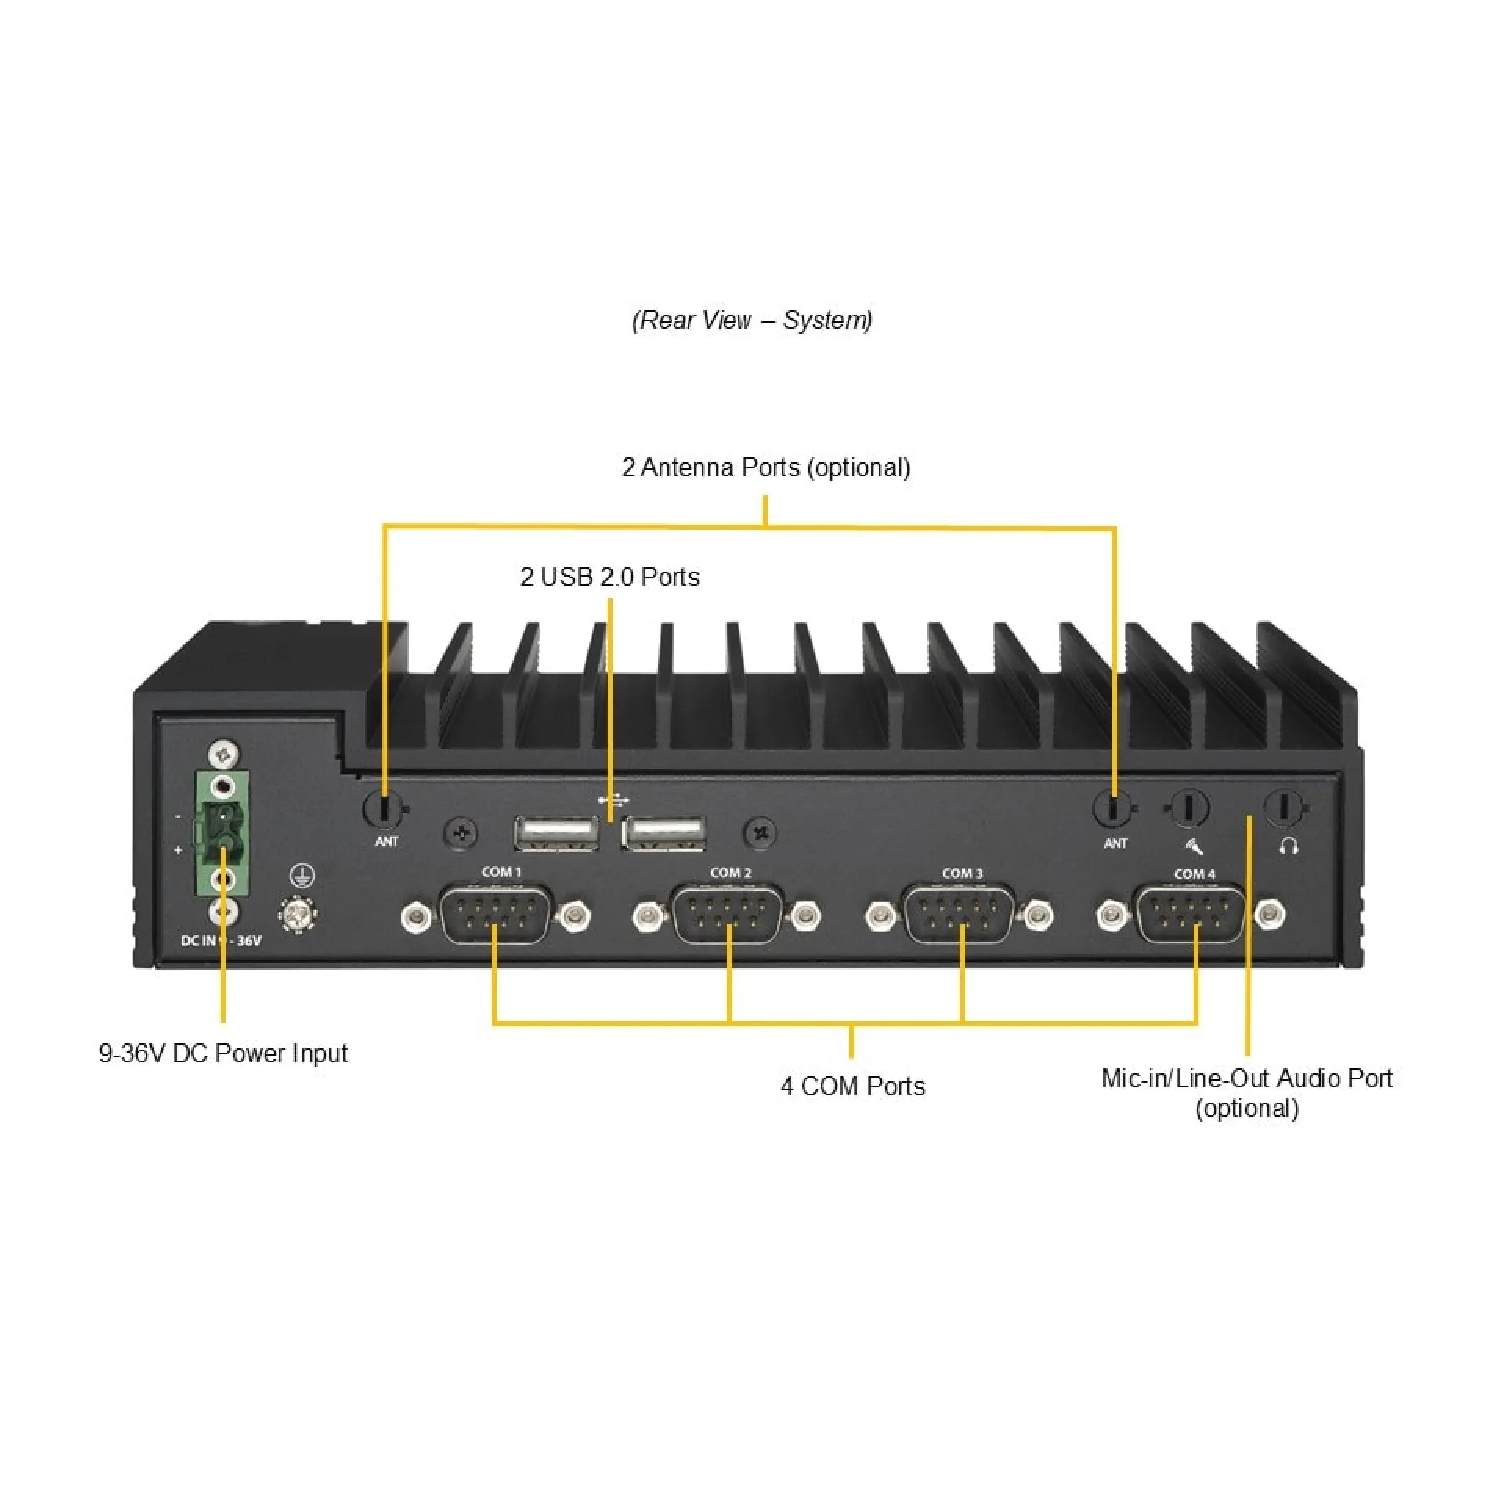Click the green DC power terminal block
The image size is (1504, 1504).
point(222,833)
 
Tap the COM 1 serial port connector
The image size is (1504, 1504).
point(495,914)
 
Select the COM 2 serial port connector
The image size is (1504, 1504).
point(728,914)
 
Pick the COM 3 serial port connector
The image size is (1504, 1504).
point(960,915)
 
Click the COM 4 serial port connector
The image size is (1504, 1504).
point(1191,915)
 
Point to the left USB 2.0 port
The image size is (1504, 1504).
point(556,833)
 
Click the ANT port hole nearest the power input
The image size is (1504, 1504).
point(384,808)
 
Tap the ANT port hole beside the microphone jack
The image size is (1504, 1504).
point(1113,808)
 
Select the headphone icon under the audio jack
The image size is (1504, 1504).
point(1289,846)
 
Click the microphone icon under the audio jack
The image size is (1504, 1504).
point(1193,846)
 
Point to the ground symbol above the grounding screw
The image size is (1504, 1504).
point(302,876)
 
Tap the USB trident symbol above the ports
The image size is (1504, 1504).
point(613,800)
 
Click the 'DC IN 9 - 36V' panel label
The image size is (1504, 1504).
point(221,941)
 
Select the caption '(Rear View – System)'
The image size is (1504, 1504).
point(752,320)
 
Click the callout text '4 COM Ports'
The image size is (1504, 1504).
point(852,1086)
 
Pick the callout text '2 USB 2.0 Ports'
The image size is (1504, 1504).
point(609,577)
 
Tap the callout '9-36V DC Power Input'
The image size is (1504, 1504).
point(222,1054)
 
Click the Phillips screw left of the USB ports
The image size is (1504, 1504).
point(461,833)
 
